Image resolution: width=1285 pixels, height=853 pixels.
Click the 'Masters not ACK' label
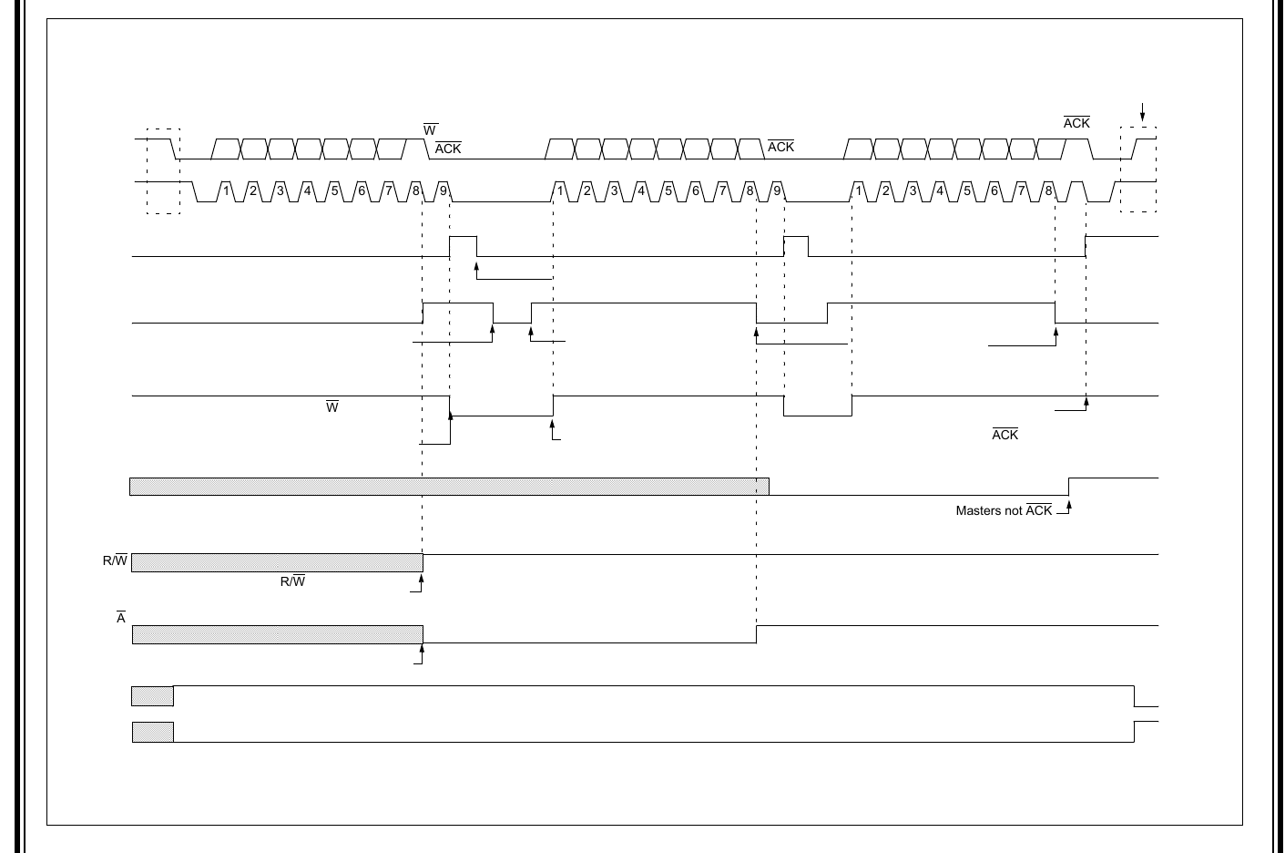click(x=1004, y=511)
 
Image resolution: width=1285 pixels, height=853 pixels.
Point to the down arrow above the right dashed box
click(x=1143, y=112)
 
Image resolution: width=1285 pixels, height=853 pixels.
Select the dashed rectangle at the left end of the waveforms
click(x=163, y=171)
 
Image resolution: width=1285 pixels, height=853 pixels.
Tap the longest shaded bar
click(x=449, y=487)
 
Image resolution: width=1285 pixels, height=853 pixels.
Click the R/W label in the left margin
click(x=115, y=560)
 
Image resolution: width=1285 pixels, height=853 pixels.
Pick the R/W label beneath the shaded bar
click(x=292, y=581)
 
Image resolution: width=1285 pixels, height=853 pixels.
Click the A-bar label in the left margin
click(x=120, y=619)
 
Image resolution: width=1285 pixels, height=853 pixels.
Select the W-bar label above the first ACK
click(x=430, y=131)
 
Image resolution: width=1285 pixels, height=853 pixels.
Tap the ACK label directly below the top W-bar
click(x=448, y=149)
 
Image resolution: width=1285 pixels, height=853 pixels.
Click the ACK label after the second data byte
click(x=780, y=147)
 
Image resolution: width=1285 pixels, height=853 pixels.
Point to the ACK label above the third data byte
click(x=1076, y=123)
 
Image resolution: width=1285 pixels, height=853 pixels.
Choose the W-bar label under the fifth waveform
click(x=332, y=407)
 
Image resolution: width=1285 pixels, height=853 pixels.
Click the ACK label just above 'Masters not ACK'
click(x=1005, y=435)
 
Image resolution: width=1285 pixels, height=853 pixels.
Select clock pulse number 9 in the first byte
click(x=444, y=191)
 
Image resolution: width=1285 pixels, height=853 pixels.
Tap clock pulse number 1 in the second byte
click(x=561, y=191)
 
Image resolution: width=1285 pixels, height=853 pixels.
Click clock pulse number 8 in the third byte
click(x=1048, y=191)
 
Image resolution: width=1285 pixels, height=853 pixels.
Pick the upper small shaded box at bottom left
click(x=152, y=696)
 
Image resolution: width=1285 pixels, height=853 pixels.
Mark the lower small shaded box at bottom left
click(x=152, y=732)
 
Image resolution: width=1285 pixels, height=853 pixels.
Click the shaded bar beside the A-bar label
click(x=277, y=634)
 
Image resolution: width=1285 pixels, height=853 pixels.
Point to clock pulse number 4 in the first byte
click(x=308, y=191)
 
